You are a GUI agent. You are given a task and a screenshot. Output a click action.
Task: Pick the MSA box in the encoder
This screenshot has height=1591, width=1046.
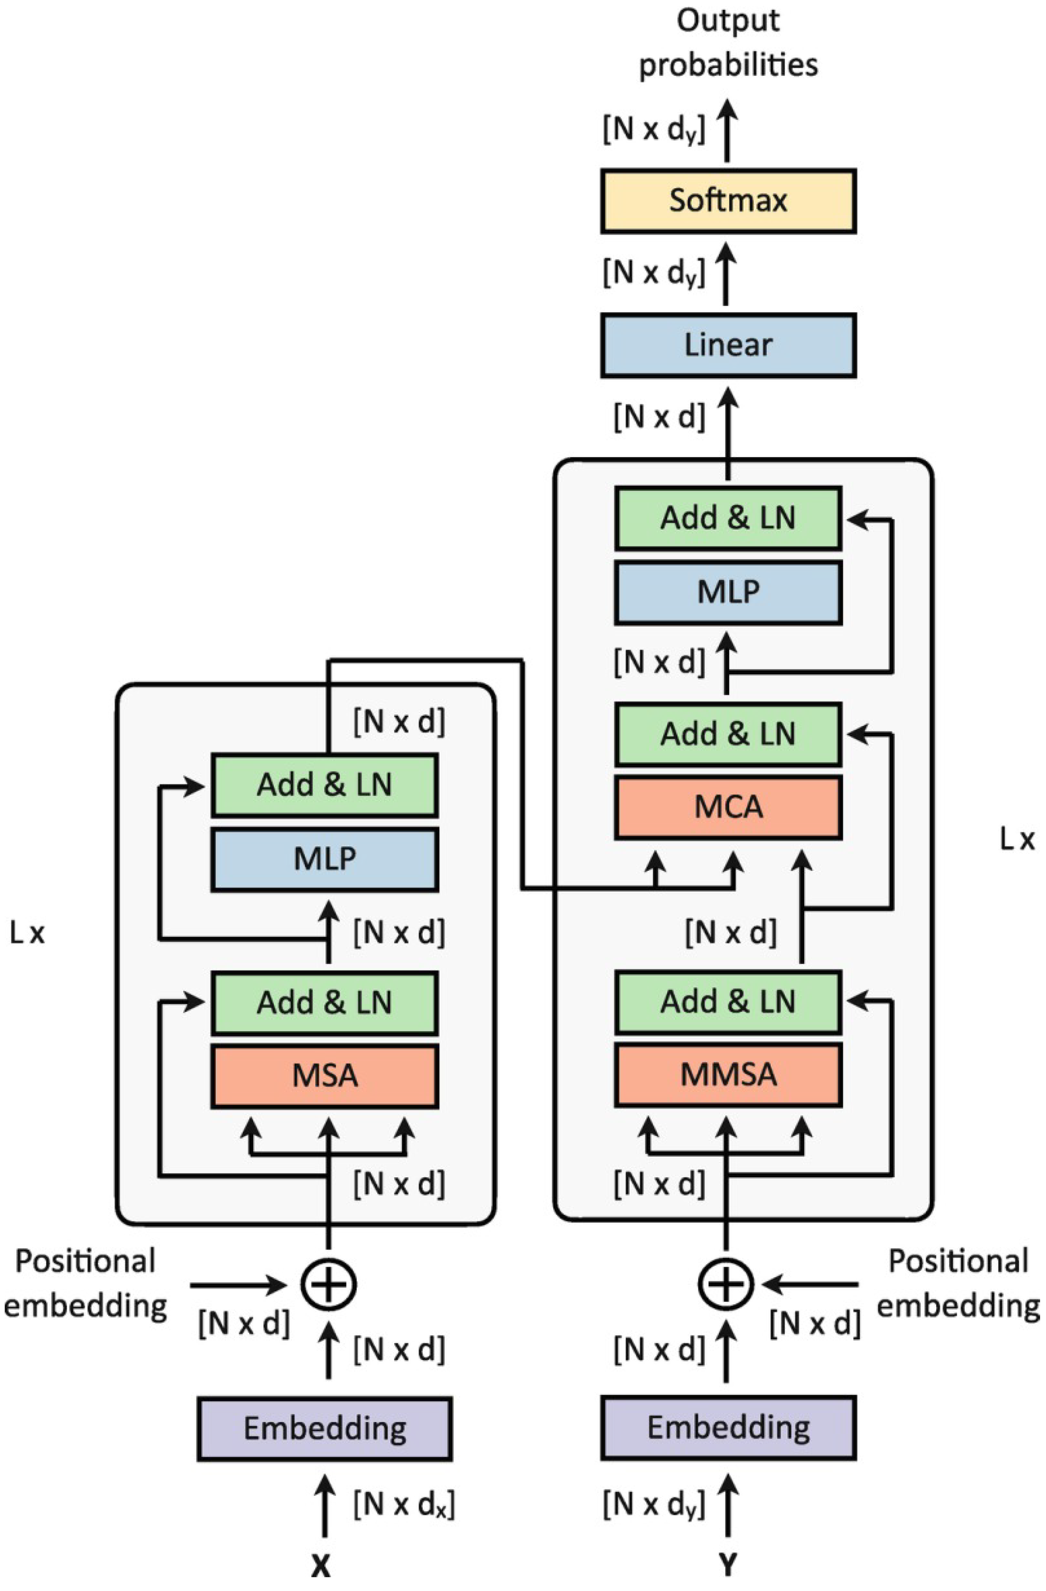point(325,1076)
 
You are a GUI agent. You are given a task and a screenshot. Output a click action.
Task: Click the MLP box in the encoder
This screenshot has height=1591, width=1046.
point(325,859)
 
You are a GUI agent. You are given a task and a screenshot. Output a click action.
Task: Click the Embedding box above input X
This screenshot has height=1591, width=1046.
point(325,1429)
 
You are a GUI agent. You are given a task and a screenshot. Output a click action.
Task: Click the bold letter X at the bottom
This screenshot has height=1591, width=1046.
point(321,1566)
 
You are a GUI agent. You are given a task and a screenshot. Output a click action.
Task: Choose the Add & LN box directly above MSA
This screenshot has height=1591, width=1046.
point(325,1003)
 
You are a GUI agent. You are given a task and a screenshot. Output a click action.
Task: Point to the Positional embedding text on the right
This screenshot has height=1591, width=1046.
point(958,1283)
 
